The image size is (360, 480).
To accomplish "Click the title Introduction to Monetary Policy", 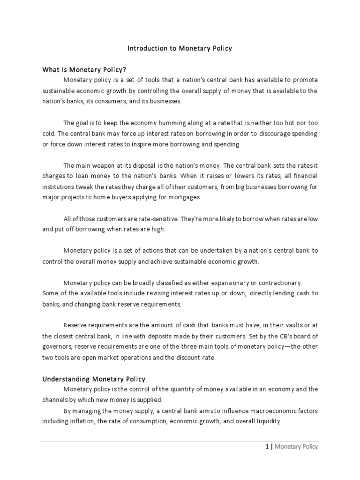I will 180,48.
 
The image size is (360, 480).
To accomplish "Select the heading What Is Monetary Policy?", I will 85,70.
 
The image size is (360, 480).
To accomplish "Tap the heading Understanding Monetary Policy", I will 94,379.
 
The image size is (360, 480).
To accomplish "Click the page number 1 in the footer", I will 267,447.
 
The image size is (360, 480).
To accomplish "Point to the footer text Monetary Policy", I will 296,447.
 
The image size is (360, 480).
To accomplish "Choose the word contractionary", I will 278,283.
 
